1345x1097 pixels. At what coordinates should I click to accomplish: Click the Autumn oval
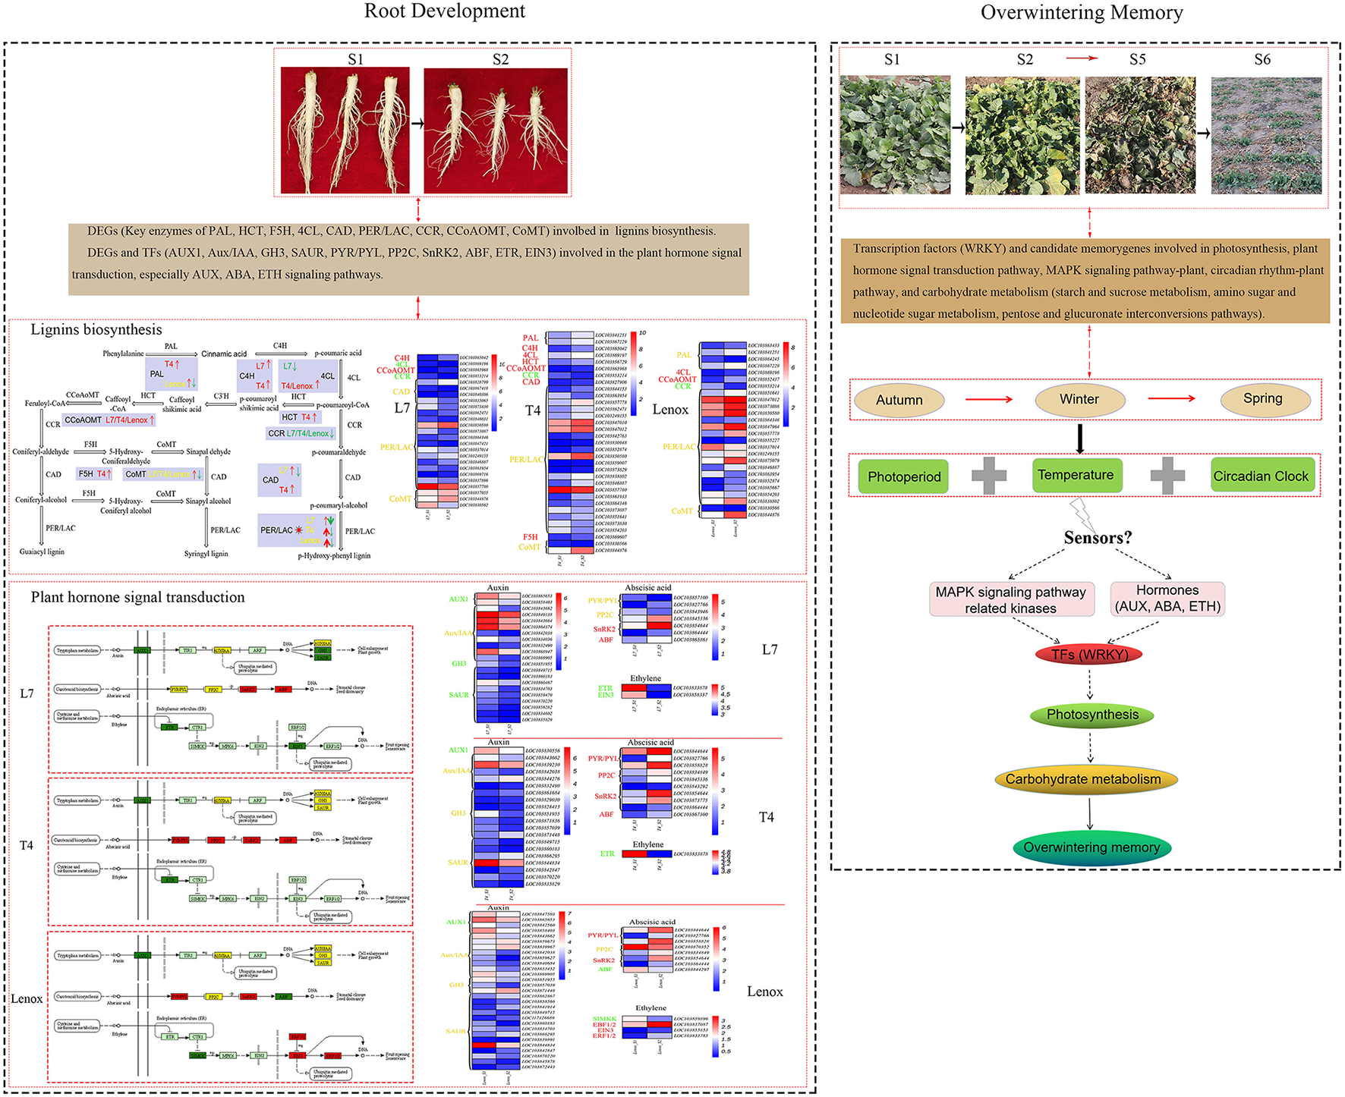coord(899,401)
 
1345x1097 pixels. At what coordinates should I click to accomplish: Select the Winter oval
coord(1079,400)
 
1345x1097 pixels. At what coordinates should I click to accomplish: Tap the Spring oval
coord(1263,399)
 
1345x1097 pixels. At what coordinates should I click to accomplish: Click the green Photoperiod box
coord(904,476)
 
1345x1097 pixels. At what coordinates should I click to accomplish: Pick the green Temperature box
coord(1076,475)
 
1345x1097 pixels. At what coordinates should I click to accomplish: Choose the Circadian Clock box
coord(1261,476)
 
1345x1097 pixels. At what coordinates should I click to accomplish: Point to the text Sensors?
coord(1098,538)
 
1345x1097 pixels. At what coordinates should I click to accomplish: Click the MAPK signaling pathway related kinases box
coord(1010,599)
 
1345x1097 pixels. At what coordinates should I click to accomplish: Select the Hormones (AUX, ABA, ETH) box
coord(1167,598)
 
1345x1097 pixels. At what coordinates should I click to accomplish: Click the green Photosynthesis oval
coord(1092,715)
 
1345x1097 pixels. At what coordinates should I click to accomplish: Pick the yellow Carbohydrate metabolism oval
coord(1083,779)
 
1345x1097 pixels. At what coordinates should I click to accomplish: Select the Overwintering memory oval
coord(1091,847)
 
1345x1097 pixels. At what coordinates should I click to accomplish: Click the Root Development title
coord(445,11)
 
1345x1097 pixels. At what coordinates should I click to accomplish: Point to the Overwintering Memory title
coord(1082,13)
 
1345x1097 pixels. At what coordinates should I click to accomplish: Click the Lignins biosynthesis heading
coord(96,330)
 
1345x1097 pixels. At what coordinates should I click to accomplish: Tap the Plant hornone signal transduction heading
coord(137,598)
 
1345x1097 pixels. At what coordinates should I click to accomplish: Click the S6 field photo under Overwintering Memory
coord(1266,135)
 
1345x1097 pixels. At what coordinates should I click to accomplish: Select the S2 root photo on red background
coord(495,130)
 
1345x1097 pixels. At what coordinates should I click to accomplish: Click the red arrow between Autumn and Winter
coord(988,399)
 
